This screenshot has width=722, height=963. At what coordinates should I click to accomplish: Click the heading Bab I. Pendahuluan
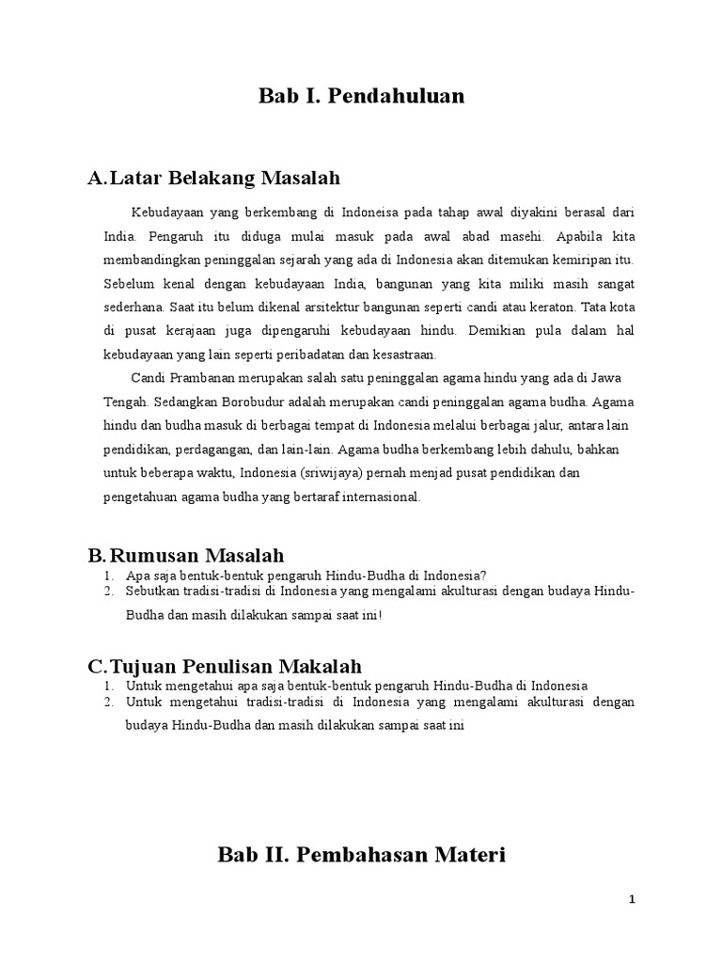[x=362, y=96]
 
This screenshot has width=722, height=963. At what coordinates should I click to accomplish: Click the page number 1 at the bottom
[x=633, y=899]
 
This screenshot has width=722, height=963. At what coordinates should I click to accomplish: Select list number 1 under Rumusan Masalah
[x=109, y=576]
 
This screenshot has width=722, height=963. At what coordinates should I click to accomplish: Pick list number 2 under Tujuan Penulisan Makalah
[x=109, y=702]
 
